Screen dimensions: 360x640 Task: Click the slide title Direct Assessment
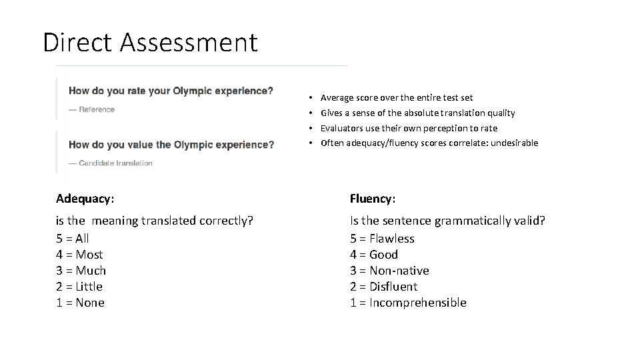click(x=150, y=43)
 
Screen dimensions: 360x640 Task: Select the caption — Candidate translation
click(x=111, y=163)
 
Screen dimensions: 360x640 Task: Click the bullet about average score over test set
click(x=397, y=97)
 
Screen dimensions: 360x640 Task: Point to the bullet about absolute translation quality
click(x=417, y=113)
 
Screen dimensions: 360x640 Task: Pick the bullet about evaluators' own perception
click(x=409, y=128)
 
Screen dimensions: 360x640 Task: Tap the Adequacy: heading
click(x=85, y=198)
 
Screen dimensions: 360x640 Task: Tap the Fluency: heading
click(x=373, y=198)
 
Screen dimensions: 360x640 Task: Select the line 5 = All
click(x=73, y=238)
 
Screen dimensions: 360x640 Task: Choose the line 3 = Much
click(x=81, y=270)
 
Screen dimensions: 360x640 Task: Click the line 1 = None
click(x=80, y=302)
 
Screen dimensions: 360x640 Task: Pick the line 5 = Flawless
click(x=382, y=238)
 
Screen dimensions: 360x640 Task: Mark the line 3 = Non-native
click(x=389, y=270)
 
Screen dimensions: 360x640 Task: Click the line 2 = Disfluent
click(x=383, y=286)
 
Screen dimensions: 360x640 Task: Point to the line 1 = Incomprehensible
click(x=408, y=302)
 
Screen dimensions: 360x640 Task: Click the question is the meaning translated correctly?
click(x=155, y=220)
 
